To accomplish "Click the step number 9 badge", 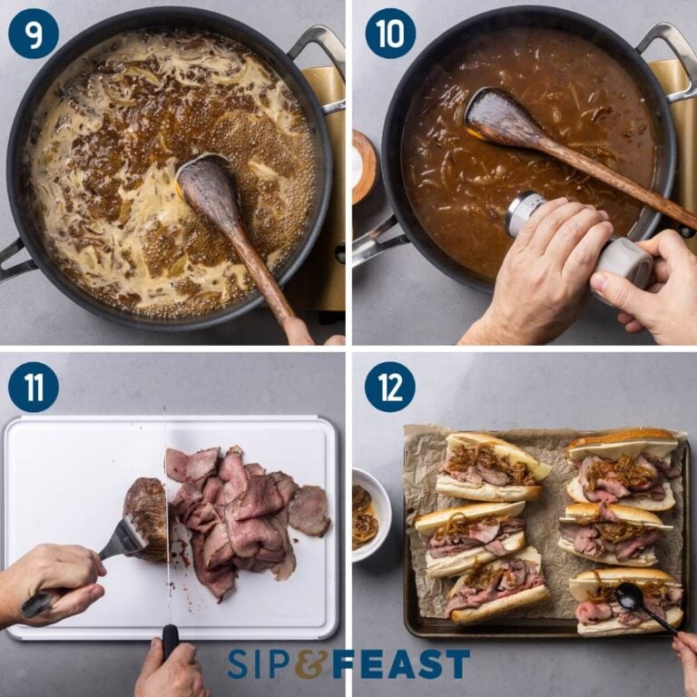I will pyautogui.click(x=34, y=34).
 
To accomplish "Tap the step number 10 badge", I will pyautogui.click(x=389, y=34).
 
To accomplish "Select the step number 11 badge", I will pyautogui.click(x=34, y=387).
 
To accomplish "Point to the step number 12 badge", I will pyautogui.click(x=389, y=387).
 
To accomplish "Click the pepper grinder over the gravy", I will pyautogui.click(x=581, y=241).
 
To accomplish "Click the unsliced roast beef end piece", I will pyautogui.click(x=148, y=517).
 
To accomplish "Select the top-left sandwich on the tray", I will pyautogui.click(x=490, y=466).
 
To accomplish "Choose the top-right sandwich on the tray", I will pyautogui.click(x=623, y=466).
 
